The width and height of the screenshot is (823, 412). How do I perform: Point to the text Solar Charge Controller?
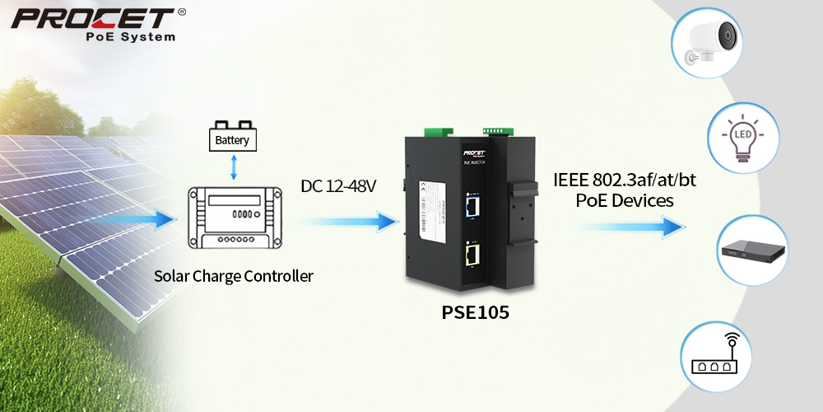click(234, 276)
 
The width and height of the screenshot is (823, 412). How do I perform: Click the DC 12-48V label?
click(338, 187)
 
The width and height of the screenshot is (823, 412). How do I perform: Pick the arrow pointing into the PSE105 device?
click(346, 221)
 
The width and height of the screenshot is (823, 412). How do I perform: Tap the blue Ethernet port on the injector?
click(472, 204)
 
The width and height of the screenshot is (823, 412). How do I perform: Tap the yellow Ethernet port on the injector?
click(472, 256)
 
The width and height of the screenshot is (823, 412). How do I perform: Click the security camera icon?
click(714, 40)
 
